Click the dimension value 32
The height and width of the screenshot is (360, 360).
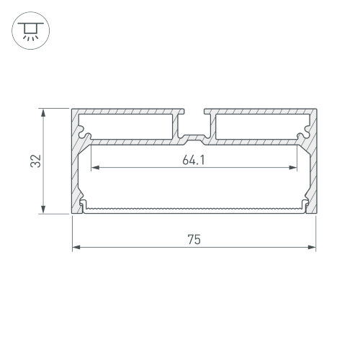tap(36, 161)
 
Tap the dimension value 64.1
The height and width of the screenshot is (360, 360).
tap(194, 160)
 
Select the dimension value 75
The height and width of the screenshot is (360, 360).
tap(194, 240)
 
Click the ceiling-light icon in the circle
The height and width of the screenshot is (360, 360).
tap(31, 31)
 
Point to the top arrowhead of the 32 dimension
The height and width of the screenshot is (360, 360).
tap(43, 113)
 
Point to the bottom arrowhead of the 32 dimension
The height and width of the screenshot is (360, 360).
tap(43, 210)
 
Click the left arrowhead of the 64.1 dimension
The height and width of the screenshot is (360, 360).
tap(95, 168)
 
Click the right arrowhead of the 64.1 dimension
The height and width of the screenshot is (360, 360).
tap(293, 168)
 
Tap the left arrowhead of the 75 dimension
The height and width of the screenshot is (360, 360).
tap(76, 247)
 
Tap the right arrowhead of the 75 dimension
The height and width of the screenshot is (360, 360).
tap(312, 247)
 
